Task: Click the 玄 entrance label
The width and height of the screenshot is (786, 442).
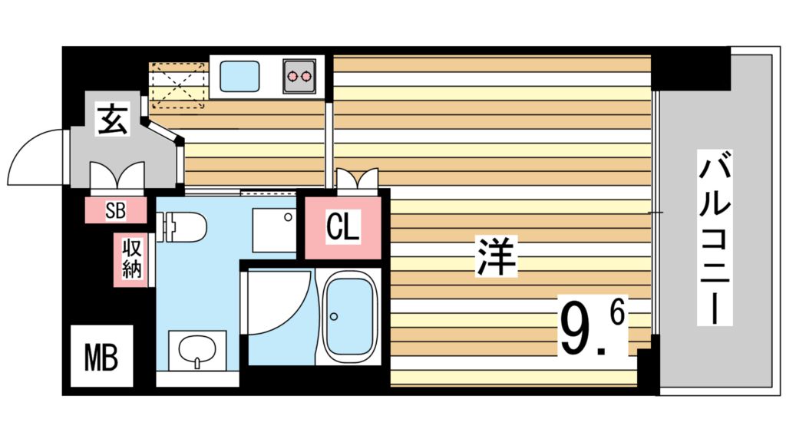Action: (x=112, y=120)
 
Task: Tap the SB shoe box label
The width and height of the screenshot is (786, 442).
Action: (x=115, y=211)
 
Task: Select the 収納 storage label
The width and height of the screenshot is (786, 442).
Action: (x=130, y=260)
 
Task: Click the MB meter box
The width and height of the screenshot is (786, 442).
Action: (x=101, y=356)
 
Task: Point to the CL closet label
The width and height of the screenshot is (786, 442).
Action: (x=342, y=227)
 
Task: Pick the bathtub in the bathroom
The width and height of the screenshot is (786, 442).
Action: (x=350, y=315)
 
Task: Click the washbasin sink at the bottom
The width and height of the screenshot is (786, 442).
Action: (x=197, y=351)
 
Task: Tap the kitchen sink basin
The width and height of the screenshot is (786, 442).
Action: (x=242, y=76)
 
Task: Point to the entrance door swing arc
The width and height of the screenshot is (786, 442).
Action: (x=34, y=157)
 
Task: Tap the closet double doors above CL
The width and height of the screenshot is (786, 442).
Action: (x=357, y=179)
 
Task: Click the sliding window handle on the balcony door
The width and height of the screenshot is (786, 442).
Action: (x=652, y=211)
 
